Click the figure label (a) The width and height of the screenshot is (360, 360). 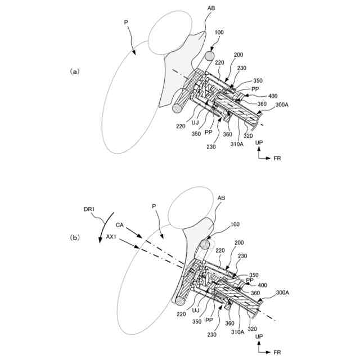pyautogui.click(x=75, y=71)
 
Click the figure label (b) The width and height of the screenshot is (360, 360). pyautogui.click(x=75, y=237)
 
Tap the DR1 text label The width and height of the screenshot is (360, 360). pyautogui.click(x=91, y=209)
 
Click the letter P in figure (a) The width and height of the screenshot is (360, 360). pyautogui.click(x=126, y=22)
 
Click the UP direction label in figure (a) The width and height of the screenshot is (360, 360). pyautogui.click(x=258, y=144)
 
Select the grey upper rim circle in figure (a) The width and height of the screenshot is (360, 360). pyautogui.click(x=209, y=56)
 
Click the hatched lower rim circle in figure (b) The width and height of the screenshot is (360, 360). pyautogui.click(x=181, y=300)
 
